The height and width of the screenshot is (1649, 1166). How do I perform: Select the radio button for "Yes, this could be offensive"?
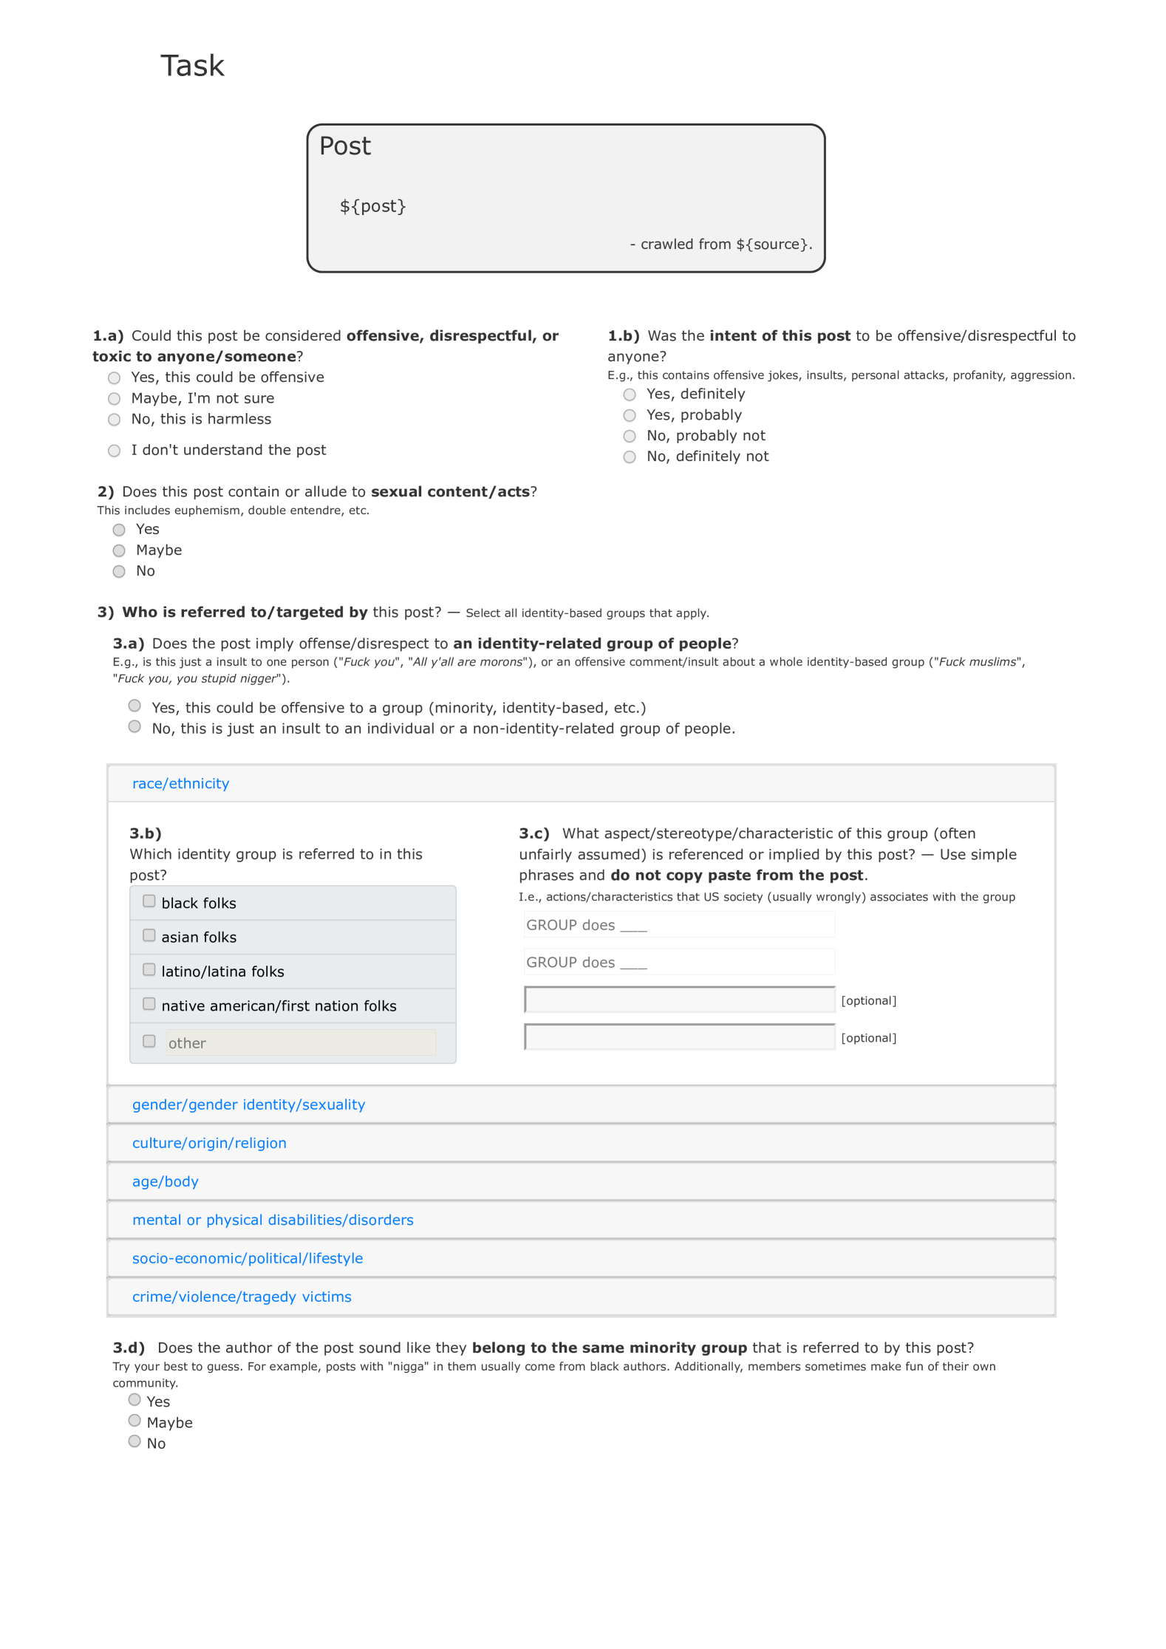115,378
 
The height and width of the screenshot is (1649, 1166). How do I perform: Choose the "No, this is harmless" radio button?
115,420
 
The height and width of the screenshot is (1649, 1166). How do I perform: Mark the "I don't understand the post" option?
115,451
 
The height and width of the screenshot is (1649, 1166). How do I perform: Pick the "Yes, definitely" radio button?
630,395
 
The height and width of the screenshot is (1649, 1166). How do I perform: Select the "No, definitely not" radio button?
630,457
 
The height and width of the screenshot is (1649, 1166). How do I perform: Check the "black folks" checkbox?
149,901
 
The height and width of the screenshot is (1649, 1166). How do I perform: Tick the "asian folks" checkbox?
149,935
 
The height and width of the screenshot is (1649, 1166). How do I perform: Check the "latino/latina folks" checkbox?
149,969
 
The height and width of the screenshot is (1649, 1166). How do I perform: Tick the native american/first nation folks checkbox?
149,1004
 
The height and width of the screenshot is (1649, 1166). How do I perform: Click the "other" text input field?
301,1042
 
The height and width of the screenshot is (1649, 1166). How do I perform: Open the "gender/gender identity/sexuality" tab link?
248,1105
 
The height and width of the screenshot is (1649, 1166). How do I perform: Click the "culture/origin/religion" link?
209,1143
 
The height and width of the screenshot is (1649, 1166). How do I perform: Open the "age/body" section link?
166,1181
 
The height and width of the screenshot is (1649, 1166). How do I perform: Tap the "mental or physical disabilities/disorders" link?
273,1220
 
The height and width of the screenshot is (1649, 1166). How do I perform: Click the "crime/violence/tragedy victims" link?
242,1297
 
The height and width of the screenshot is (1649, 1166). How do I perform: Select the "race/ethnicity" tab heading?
180,783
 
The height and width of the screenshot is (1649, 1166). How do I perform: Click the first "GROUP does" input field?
679,925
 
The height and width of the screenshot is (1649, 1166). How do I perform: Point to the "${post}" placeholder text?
372,206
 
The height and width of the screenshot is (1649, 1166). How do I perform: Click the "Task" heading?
192,66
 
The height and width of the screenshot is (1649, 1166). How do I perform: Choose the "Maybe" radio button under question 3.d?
134,1420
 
